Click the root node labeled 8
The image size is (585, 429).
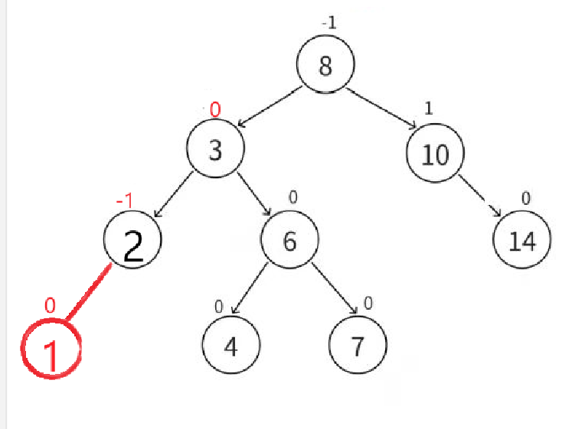click(326, 66)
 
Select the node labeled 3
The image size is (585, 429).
click(216, 150)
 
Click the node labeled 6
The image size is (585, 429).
click(289, 240)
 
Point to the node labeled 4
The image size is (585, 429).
click(231, 346)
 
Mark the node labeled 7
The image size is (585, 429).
click(358, 346)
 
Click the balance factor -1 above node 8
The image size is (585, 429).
click(328, 23)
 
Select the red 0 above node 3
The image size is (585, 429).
click(215, 110)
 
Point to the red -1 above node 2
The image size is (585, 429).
click(125, 200)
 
